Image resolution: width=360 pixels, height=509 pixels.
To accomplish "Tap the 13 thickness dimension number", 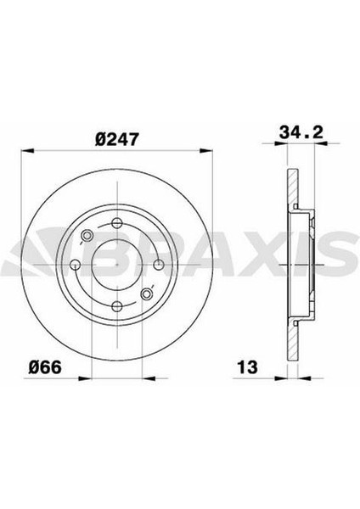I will (x=247, y=368).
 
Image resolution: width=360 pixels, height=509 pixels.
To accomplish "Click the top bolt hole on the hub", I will (x=115, y=224).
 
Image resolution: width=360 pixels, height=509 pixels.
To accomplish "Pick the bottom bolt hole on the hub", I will (x=116, y=304).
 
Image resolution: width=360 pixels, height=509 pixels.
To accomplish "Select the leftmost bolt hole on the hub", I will (x=76, y=265).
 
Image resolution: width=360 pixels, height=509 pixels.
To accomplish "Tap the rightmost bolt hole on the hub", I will (x=156, y=264).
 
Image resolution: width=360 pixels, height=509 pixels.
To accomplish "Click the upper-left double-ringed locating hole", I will (x=88, y=236).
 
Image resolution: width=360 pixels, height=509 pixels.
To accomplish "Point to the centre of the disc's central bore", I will (x=116, y=264).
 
